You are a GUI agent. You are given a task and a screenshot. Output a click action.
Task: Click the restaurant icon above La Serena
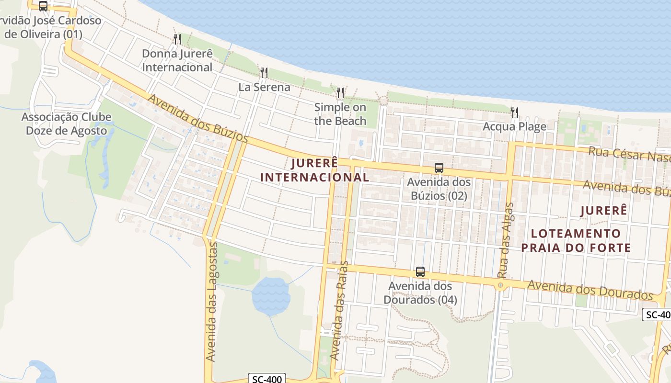264,73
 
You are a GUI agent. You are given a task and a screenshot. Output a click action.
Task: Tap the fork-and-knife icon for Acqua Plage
515,113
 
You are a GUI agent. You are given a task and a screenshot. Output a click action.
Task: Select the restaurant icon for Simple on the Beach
340,93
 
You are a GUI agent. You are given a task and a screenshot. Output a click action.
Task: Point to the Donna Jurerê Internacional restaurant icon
177,39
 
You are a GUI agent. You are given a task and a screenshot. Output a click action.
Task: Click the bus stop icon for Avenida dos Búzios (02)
439,168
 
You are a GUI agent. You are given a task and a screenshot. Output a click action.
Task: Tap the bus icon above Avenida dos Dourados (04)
420,272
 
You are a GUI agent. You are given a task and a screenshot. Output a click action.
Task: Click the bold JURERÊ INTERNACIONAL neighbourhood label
314,170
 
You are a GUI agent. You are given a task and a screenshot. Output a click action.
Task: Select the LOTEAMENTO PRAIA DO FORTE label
576,240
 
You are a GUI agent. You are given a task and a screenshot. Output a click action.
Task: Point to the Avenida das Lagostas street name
211,302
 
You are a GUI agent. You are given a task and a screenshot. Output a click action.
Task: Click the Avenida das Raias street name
339,311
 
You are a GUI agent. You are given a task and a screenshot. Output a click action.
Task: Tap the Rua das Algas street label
505,240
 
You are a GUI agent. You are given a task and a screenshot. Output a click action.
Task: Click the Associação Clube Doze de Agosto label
67,124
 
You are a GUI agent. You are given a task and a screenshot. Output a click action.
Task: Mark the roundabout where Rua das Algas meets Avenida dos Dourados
500,286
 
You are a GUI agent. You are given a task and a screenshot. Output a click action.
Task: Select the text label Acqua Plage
515,127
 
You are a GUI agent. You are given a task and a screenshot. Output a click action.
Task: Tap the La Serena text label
264,87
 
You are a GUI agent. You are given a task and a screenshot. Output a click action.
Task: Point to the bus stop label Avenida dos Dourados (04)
420,293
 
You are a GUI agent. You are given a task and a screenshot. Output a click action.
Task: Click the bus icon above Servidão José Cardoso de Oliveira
43,6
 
